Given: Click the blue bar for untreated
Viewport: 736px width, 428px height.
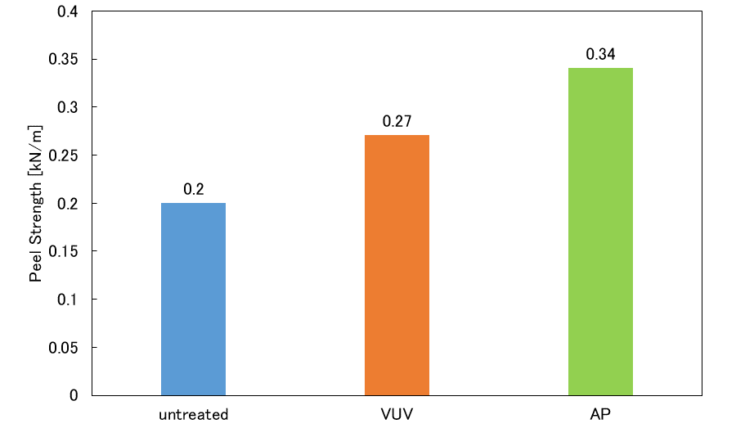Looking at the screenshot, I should (x=193, y=299).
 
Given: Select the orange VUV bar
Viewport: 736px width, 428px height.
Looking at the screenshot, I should (x=397, y=265).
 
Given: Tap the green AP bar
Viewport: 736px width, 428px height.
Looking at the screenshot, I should (x=600, y=232).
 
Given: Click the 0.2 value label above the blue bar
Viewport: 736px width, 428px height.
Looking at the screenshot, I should (x=193, y=189).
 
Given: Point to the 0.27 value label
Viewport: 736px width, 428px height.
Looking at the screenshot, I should (x=397, y=122).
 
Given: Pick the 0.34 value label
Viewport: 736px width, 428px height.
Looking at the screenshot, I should (x=600, y=55).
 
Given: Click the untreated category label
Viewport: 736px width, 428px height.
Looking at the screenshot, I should (x=193, y=414).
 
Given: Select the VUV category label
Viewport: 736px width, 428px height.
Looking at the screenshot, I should (x=397, y=414).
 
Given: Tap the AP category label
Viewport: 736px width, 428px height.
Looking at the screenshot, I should (x=600, y=414).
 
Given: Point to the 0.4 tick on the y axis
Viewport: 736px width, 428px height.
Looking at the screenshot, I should (x=68, y=11).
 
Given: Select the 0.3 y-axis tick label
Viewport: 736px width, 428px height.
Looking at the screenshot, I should (x=68, y=107).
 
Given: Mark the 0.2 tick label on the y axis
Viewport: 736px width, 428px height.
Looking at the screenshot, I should (x=68, y=203).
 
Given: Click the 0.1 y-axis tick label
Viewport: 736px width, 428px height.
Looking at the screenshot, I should (x=68, y=300).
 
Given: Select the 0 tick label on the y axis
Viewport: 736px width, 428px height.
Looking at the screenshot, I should (x=74, y=395).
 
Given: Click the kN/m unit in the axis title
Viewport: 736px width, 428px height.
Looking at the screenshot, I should (x=36, y=145).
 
